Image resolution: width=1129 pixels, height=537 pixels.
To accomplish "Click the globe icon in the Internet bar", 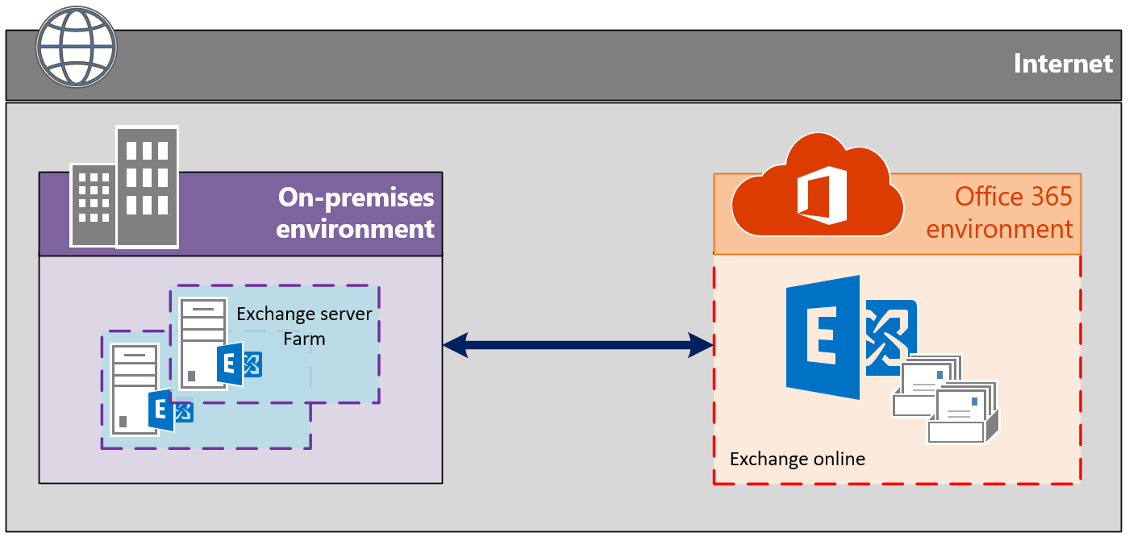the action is coord(77,47).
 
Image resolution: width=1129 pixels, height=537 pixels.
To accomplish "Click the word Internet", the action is coord(1063,64).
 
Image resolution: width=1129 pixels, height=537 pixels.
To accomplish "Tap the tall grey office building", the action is coord(147,186).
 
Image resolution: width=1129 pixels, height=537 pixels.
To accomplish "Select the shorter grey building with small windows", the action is coord(94,205).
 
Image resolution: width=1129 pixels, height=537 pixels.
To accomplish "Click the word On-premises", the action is coord(356,198).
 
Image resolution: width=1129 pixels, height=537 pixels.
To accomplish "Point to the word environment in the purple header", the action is coord(355,229).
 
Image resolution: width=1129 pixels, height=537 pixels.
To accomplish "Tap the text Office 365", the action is coord(1013,197).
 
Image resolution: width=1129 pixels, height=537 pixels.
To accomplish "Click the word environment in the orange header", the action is coord(999,229).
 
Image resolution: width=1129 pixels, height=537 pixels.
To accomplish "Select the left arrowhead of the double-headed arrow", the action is coord(456,345).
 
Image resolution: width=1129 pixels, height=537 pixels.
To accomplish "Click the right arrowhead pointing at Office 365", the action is coord(701,345).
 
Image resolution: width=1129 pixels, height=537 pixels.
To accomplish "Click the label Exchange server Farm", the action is coord(304,326).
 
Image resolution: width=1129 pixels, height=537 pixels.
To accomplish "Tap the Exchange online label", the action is coord(798,459).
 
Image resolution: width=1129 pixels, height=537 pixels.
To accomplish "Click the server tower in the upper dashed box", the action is coord(202,344).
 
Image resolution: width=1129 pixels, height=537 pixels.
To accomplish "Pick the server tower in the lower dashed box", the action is coord(135,389).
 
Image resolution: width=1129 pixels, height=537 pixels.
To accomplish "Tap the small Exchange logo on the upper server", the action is coord(239,364).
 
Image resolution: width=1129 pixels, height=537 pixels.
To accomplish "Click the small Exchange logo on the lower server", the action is coord(170,410).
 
